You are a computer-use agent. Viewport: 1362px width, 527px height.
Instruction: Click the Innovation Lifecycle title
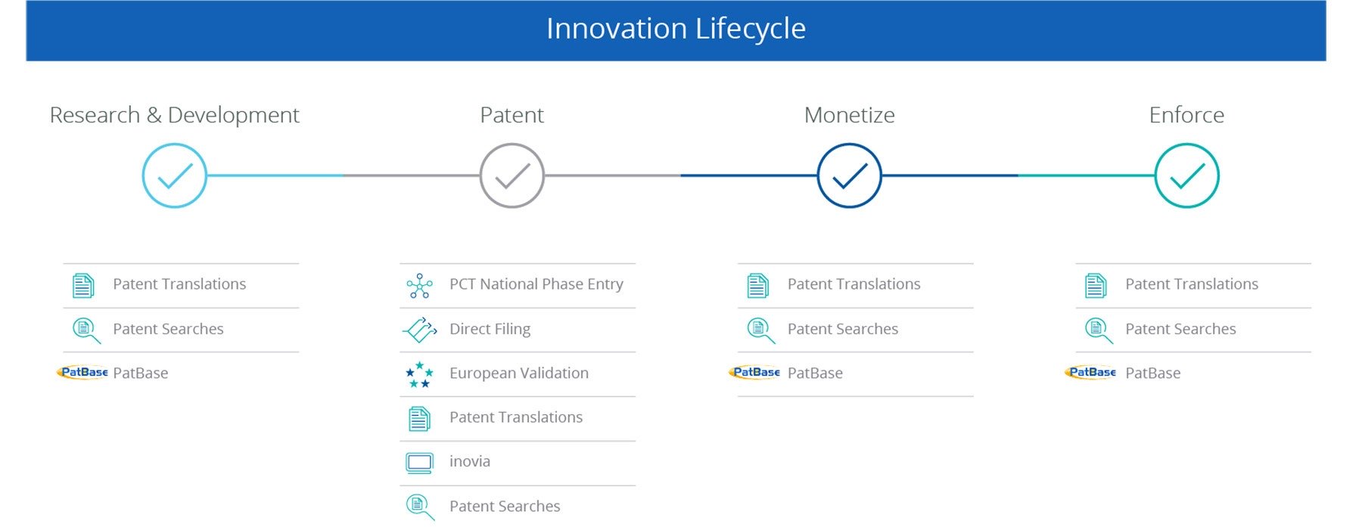click(x=676, y=29)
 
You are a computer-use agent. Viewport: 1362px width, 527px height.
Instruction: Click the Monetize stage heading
click(x=850, y=115)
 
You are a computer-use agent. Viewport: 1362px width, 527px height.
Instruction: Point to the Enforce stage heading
click(x=1186, y=115)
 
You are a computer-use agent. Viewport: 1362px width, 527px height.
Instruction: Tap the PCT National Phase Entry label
click(x=536, y=284)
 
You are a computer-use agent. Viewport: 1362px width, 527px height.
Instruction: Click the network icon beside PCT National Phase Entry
click(x=419, y=286)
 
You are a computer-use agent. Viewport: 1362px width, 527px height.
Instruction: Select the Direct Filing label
click(x=490, y=329)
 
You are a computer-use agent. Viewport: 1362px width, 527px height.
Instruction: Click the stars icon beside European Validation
click(x=419, y=374)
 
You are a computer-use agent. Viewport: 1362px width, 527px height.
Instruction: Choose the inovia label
click(x=470, y=461)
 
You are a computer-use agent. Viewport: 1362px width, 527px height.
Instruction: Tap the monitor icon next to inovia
click(x=419, y=463)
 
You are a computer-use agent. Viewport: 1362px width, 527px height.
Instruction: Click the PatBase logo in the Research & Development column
click(x=83, y=372)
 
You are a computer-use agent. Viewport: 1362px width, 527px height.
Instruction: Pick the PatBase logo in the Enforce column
click(x=1090, y=372)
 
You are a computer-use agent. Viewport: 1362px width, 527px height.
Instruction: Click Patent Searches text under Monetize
click(x=843, y=329)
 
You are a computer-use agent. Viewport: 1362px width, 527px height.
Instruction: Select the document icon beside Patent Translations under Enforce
click(x=1096, y=285)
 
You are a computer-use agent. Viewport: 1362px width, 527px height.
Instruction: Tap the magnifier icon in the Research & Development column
click(x=86, y=330)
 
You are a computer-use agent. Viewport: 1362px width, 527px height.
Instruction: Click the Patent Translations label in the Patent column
click(x=516, y=417)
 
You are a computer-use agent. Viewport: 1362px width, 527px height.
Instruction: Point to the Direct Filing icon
click(x=419, y=330)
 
